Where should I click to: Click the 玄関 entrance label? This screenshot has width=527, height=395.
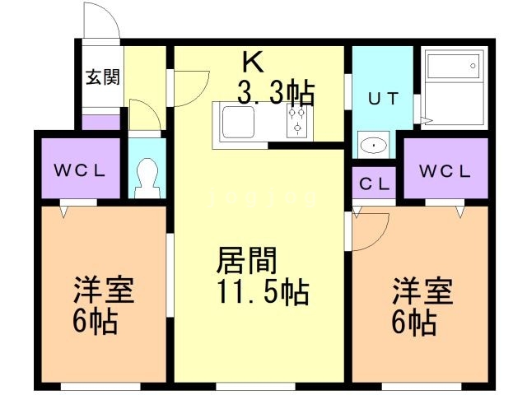[103, 78]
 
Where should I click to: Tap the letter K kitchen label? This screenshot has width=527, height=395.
[252, 63]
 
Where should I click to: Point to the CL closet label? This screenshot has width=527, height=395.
[374, 184]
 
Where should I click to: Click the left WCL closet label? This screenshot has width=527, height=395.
[80, 172]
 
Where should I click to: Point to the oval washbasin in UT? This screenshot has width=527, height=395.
[375, 146]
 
